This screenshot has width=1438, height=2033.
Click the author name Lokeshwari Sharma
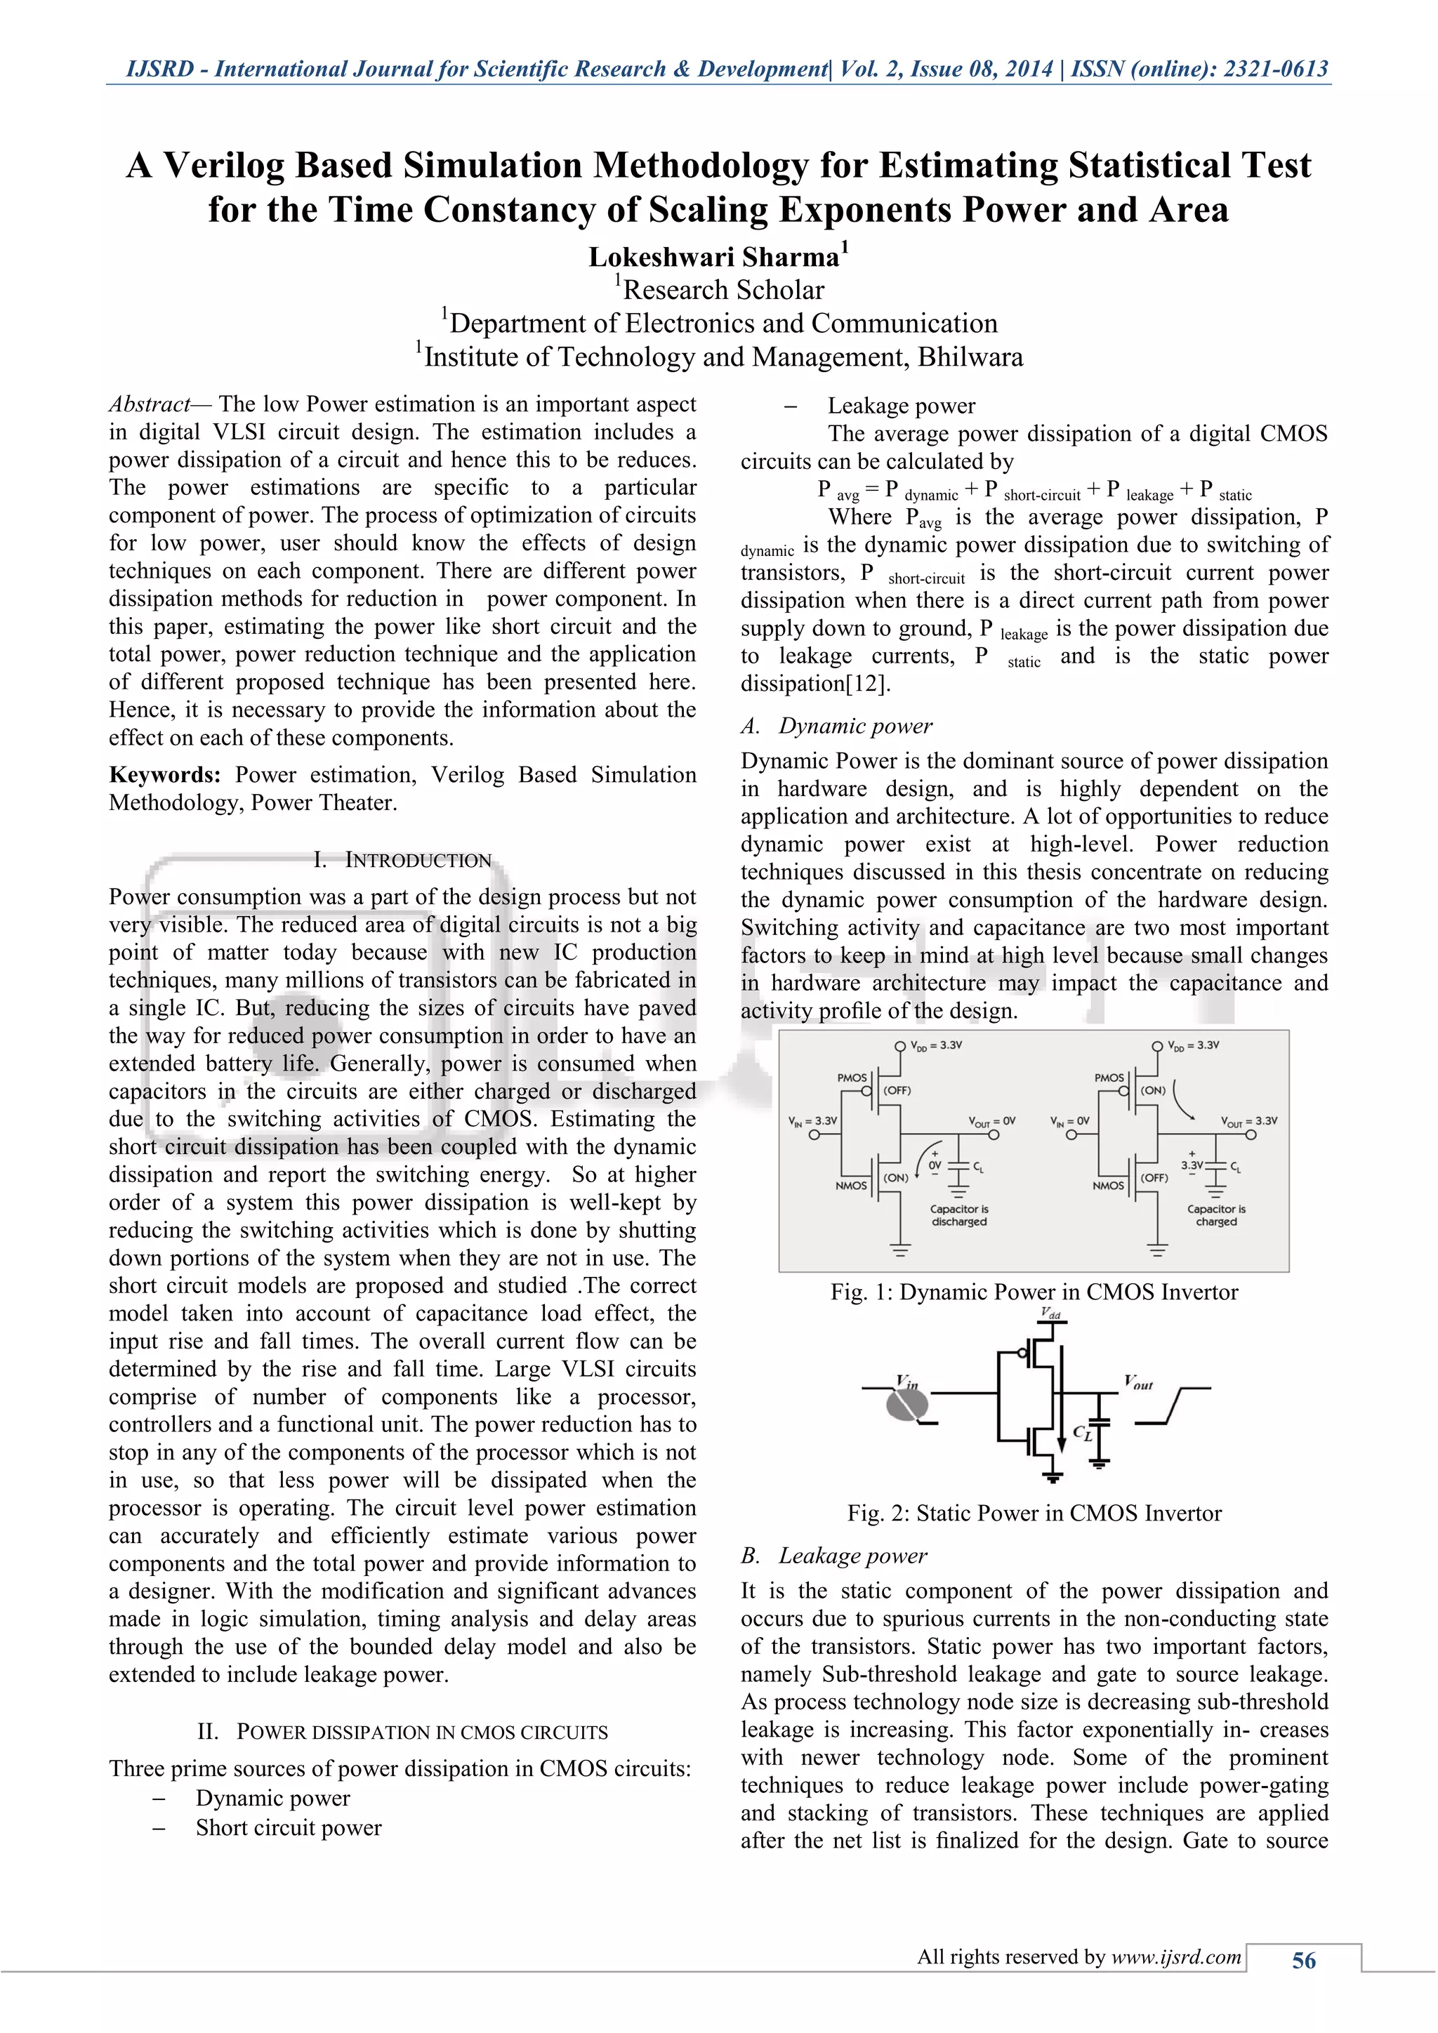[x=713, y=257]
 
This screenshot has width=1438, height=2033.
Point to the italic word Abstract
[x=149, y=404]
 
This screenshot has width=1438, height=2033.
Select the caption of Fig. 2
[x=1034, y=1514]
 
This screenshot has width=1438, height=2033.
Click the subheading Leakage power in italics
[x=852, y=1556]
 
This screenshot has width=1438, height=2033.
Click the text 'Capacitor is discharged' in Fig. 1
[x=959, y=1215]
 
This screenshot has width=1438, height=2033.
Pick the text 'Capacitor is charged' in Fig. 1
[x=1215, y=1215]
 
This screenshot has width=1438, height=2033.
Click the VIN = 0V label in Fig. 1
[x=1069, y=1121]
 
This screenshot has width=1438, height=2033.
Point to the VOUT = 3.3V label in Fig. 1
[x=1248, y=1121]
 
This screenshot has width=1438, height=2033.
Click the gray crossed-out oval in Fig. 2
[x=908, y=1403]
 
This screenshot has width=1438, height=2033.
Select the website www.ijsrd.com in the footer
[x=1176, y=1957]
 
